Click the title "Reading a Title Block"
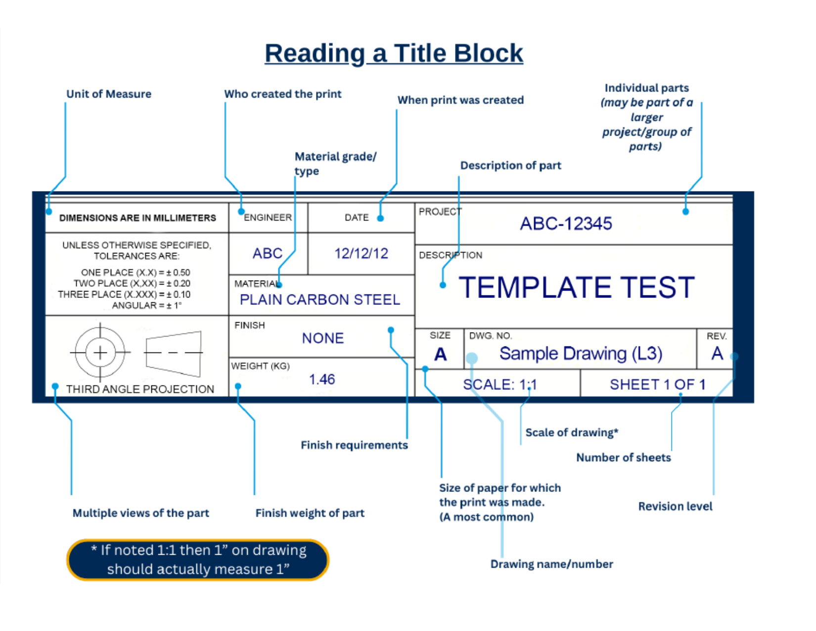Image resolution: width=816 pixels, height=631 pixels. point(394,53)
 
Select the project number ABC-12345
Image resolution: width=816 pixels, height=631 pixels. point(566,224)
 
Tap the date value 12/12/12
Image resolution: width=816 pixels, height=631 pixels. point(361,253)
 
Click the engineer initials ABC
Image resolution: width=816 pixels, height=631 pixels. point(267,253)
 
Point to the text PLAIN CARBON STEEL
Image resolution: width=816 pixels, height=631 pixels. point(319,299)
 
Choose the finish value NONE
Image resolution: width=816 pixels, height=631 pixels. point(322,338)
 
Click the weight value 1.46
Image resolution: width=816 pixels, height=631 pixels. point(322,380)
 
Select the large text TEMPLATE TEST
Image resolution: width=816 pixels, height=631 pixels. point(577,288)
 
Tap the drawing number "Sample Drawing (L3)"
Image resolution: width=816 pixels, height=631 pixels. point(581,353)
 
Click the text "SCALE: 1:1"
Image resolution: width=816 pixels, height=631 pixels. point(499,385)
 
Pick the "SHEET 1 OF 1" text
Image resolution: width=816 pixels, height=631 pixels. point(657,385)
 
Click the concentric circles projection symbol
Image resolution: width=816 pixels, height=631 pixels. point(100,352)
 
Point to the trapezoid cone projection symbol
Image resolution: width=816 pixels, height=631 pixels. point(174,353)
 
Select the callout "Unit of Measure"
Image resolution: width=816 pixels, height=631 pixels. point(109,94)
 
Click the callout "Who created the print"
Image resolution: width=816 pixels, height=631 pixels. point(283,94)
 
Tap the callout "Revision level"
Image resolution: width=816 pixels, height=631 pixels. point(675,506)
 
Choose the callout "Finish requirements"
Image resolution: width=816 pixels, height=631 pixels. point(354,445)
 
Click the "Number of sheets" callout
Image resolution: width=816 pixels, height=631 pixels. point(623,457)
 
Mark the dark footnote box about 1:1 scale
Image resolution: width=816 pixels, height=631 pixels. point(198,560)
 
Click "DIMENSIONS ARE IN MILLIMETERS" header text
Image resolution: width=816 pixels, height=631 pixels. point(137,218)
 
